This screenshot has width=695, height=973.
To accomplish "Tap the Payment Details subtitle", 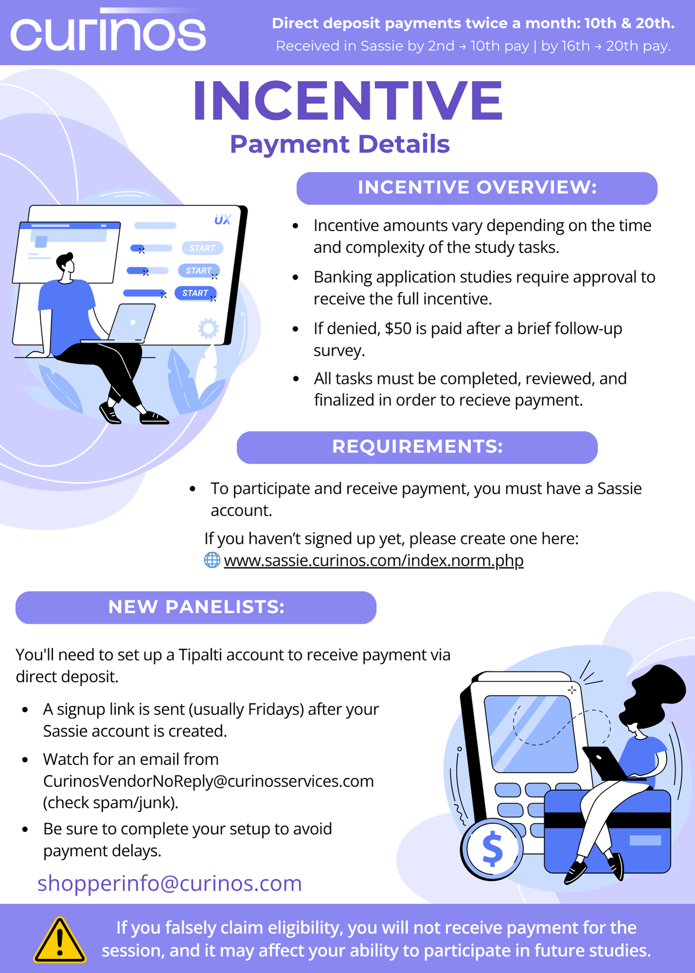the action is [x=340, y=144].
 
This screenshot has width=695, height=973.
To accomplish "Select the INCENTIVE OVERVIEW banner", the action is [x=477, y=188].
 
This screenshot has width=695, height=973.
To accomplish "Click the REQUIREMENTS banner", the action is [x=417, y=447].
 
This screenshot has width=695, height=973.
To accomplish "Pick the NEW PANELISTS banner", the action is [x=196, y=607].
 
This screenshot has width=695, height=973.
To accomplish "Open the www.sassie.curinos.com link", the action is [x=373, y=560].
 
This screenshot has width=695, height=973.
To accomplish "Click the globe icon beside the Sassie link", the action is [x=212, y=560].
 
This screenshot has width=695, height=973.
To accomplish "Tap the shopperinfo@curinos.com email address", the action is [x=169, y=883].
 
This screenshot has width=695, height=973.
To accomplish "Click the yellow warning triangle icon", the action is [x=60, y=941].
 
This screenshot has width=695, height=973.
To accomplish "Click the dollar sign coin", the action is [x=493, y=849].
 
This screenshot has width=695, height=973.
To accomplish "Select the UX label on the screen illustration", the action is [x=222, y=220].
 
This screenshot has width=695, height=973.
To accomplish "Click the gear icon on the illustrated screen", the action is [x=208, y=329].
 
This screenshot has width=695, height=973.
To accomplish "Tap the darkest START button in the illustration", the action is [x=196, y=293].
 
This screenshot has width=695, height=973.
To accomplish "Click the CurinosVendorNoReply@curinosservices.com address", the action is [x=208, y=781].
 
